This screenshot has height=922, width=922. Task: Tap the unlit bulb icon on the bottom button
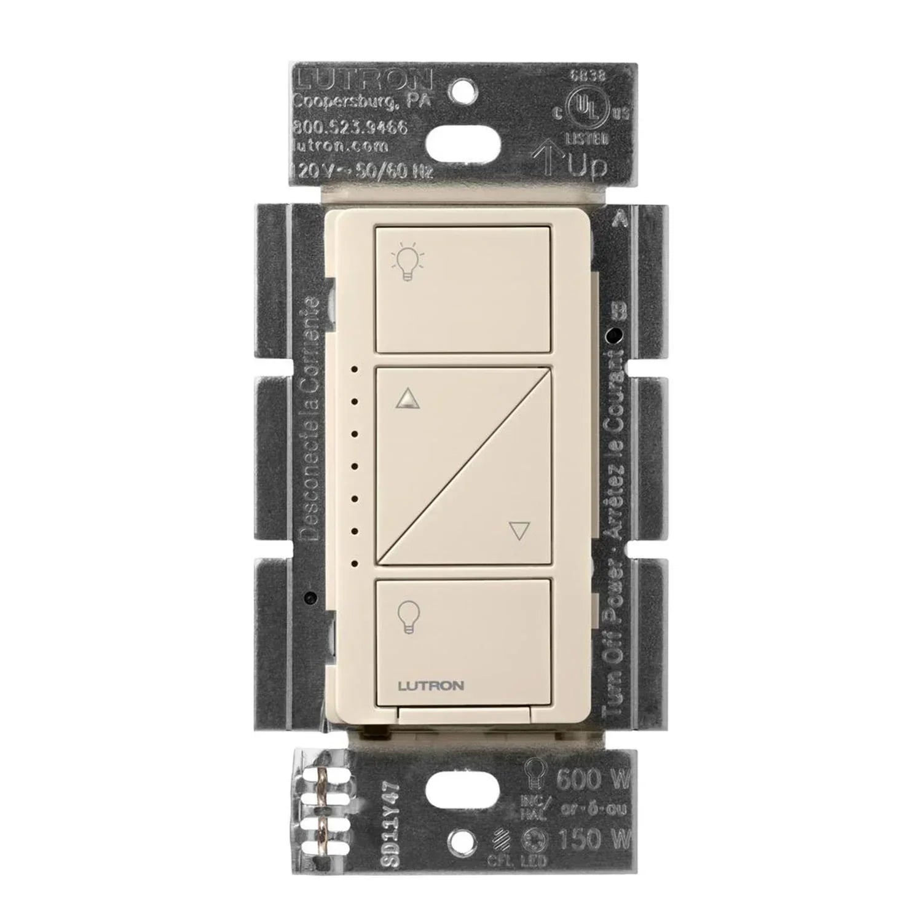click(406, 617)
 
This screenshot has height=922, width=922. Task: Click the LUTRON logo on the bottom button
click(431, 686)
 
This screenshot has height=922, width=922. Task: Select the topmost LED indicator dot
click(355, 371)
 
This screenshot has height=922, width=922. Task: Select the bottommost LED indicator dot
click(355, 562)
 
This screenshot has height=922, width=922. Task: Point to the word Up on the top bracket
click(587, 165)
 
